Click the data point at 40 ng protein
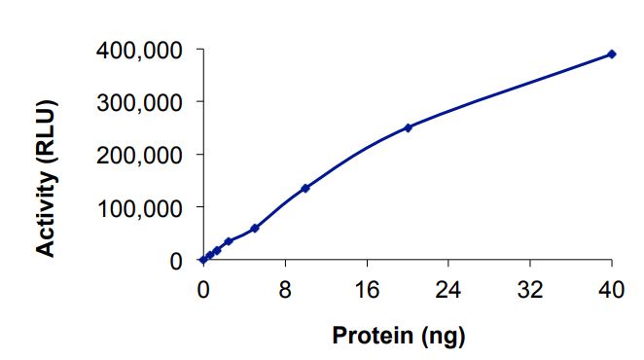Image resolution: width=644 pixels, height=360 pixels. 612,54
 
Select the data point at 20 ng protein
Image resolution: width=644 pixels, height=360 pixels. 408,127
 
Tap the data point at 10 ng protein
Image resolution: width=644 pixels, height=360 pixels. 305,188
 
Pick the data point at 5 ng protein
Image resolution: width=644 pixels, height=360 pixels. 255,228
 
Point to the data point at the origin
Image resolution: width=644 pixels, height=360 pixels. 203,260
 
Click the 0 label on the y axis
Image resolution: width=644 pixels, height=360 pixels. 175,260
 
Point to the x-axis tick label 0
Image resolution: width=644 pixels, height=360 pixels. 203,289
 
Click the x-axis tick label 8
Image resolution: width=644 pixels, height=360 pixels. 285,289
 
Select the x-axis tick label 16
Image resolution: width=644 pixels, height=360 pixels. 367,289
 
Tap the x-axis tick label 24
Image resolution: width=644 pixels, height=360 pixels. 448,289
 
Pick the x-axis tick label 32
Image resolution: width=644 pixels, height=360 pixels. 530,289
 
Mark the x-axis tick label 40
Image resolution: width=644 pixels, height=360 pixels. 612,289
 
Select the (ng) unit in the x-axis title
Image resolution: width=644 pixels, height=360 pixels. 443,338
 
